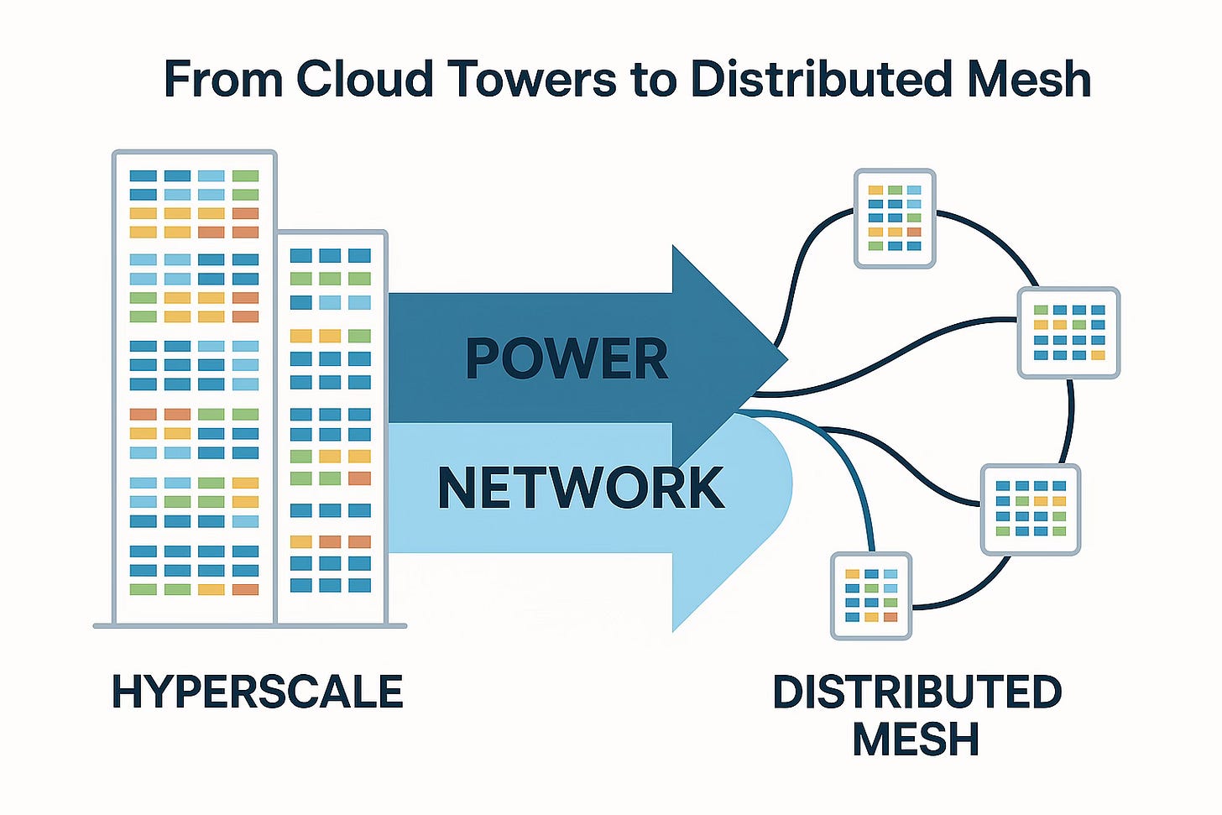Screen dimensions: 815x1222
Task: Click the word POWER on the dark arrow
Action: [x=567, y=359]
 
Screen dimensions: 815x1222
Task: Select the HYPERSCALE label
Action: [x=258, y=692]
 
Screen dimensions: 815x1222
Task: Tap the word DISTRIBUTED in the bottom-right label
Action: [x=917, y=692]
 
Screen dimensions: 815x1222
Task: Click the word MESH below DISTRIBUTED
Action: [x=916, y=739]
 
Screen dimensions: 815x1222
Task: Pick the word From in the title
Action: [x=222, y=79]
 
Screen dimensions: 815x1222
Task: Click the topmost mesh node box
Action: [x=895, y=218]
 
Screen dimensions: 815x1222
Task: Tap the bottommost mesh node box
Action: [x=871, y=596]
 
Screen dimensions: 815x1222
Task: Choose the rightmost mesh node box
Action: [x=1068, y=332]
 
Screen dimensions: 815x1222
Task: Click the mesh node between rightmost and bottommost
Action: [x=1030, y=509]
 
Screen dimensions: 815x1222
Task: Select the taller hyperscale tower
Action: [x=195, y=386]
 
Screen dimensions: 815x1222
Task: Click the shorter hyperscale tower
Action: [x=332, y=428]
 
